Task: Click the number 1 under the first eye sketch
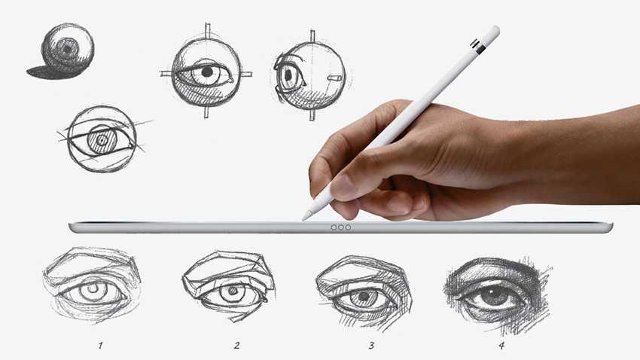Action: tap(100, 346)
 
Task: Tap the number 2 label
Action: tap(236, 345)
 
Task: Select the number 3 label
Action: tap(371, 345)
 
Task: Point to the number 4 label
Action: tap(501, 345)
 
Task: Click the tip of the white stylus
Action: tap(303, 219)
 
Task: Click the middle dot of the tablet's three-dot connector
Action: tap(341, 227)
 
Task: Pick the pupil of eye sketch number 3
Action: tap(362, 294)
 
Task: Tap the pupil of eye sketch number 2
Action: tap(233, 291)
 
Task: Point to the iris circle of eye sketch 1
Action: tap(93, 289)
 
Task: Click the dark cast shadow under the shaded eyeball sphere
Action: tap(52, 72)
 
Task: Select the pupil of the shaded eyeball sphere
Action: tap(66, 47)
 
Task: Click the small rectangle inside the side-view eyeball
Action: tap(335, 77)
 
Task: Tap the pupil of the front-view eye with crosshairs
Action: tap(207, 72)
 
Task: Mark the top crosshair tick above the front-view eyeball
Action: tap(207, 30)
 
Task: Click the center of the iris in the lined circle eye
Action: tap(102, 140)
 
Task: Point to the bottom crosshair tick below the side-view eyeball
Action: tap(312, 114)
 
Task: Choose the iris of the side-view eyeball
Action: tap(289, 75)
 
